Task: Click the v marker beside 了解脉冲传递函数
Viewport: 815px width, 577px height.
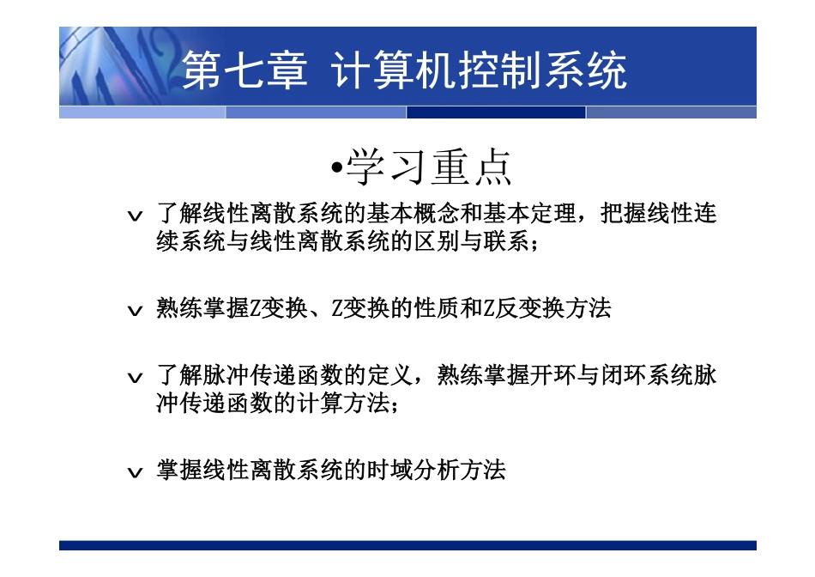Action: click(x=134, y=379)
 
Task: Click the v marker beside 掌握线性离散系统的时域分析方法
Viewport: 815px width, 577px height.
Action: click(x=134, y=472)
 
